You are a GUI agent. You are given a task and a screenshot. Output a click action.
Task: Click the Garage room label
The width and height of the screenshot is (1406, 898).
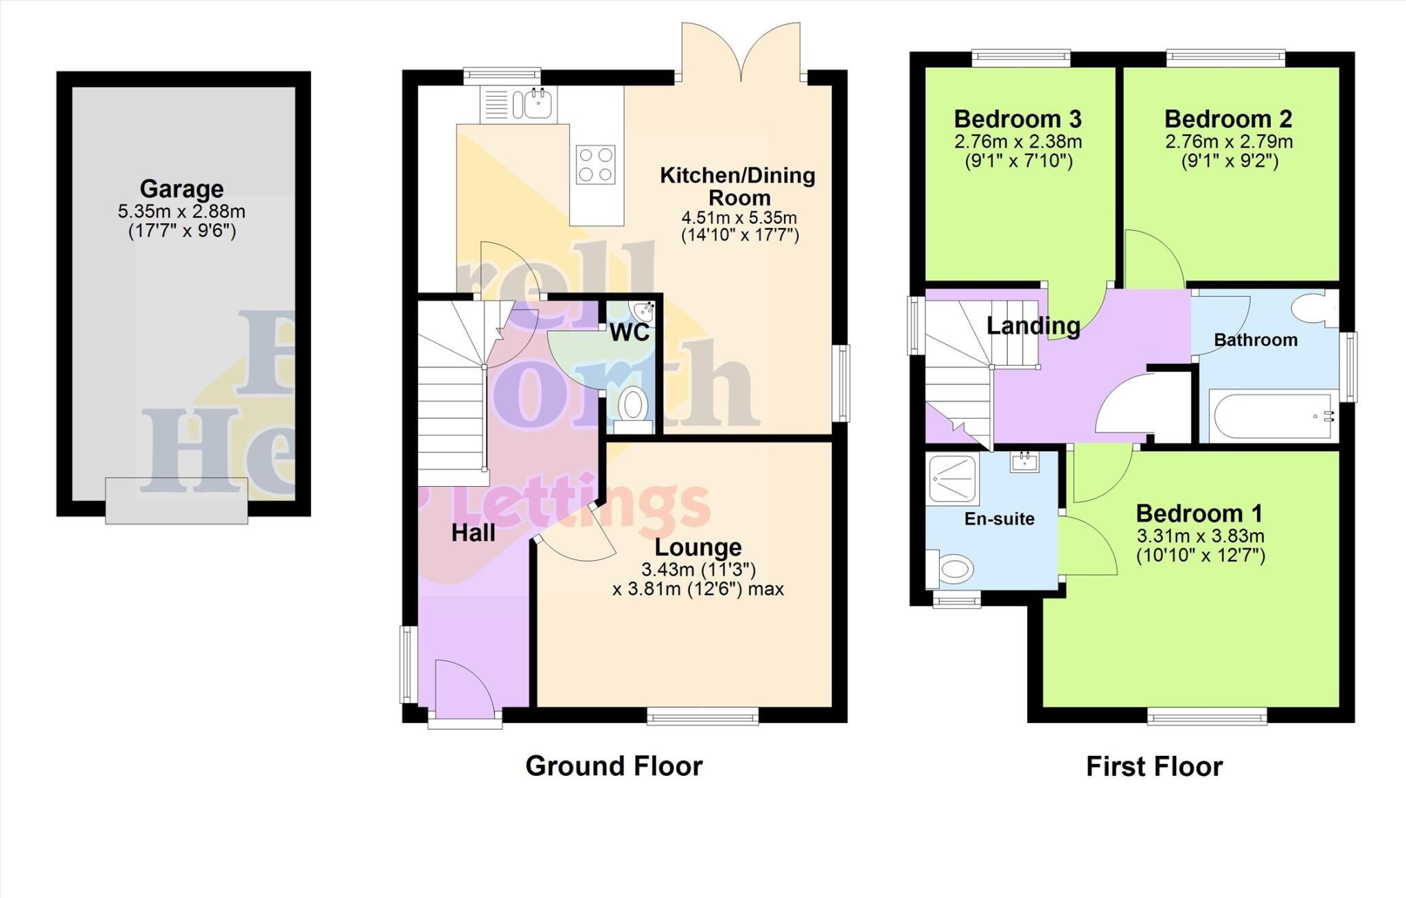click(x=181, y=188)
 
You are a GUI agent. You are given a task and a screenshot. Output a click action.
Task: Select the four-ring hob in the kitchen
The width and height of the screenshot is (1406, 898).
click(x=595, y=165)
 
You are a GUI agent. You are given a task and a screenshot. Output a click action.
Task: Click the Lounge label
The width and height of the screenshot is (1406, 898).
click(x=698, y=547)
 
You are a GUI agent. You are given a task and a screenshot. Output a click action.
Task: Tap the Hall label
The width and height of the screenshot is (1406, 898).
click(x=473, y=533)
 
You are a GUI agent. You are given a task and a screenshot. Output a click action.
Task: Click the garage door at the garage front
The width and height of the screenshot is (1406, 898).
click(x=176, y=500)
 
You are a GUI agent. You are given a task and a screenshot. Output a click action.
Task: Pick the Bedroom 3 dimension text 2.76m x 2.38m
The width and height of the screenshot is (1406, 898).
click(x=1017, y=142)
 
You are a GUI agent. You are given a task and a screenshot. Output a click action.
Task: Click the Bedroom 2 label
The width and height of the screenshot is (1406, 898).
click(x=1228, y=119)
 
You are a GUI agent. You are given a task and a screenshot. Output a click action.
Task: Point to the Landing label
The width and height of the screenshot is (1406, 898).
click(x=1033, y=325)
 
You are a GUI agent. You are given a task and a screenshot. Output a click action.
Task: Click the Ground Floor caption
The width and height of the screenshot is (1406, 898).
click(x=614, y=766)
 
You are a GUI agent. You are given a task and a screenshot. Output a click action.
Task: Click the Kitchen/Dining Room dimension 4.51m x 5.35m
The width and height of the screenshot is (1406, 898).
click(x=739, y=218)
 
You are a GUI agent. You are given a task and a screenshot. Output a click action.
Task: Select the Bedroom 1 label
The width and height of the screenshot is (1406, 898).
click(x=1199, y=514)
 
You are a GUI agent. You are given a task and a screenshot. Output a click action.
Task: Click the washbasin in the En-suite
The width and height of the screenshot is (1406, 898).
click(x=1024, y=462)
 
